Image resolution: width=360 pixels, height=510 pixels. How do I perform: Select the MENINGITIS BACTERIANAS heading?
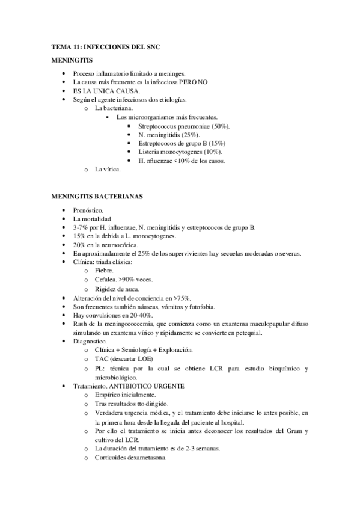click(97, 196)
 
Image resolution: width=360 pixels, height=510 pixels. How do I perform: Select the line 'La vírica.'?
click(108, 170)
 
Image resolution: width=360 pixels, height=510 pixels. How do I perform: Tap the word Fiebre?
click(105, 271)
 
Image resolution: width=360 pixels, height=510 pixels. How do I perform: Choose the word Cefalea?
click(107, 280)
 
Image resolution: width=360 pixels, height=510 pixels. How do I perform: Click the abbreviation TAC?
click(102, 359)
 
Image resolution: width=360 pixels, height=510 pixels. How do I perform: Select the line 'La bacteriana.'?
click(112, 108)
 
